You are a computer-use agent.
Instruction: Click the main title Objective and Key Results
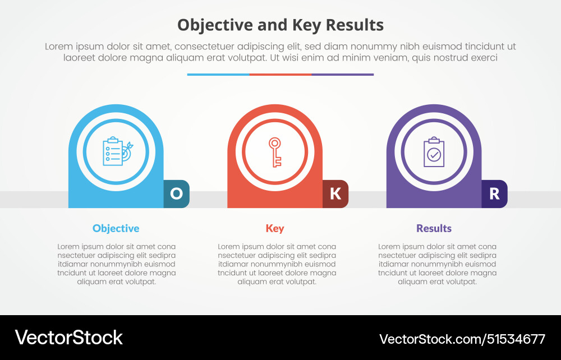tap(280, 25)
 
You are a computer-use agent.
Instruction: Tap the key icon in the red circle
tap(275, 152)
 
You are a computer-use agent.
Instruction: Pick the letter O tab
tap(176, 193)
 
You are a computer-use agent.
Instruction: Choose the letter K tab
tap(335, 193)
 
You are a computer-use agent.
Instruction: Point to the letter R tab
tap(494, 193)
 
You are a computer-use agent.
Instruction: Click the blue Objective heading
tap(116, 228)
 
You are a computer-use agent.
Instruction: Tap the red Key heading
tap(275, 228)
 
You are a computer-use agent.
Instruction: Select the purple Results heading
tap(434, 228)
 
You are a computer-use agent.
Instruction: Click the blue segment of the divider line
tap(218, 74)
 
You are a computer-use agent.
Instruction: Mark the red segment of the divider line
tap(280, 74)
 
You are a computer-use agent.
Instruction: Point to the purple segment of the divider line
tap(342, 74)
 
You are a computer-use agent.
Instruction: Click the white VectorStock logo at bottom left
tap(68, 338)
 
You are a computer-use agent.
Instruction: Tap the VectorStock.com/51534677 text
tap(462, 339)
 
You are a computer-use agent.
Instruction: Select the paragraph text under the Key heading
tap(277, 264)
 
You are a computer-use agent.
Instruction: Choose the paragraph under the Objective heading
tap(117, 264)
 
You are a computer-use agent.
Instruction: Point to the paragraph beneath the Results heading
tap(437, 264)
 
